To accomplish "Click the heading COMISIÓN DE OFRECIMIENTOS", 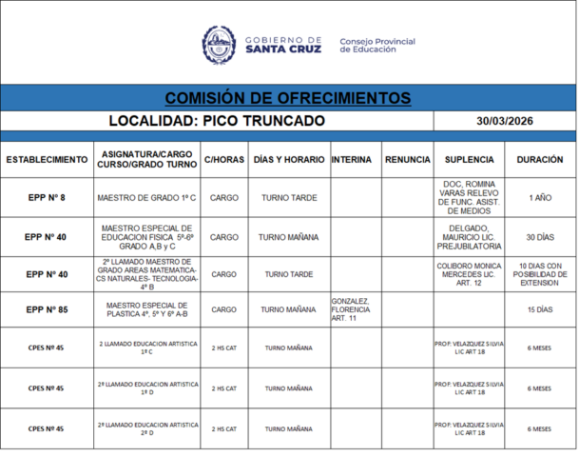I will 288,98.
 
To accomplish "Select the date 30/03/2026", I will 504,121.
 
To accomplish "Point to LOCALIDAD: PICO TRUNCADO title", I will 217,121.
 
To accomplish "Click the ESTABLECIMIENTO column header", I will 47,160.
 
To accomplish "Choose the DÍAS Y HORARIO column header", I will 288,160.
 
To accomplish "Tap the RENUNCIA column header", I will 408,160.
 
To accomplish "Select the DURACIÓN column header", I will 539,160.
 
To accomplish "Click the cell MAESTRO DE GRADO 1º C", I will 146,198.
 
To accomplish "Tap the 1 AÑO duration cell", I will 539,198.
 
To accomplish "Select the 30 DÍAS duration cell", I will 539,237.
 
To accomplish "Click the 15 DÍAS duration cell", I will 539,309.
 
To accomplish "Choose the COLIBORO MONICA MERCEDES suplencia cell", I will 468,273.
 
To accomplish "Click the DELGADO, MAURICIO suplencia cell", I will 468,237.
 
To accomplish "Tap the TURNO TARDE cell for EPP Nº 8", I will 288,198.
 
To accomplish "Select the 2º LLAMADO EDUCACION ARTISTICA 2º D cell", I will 146,428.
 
